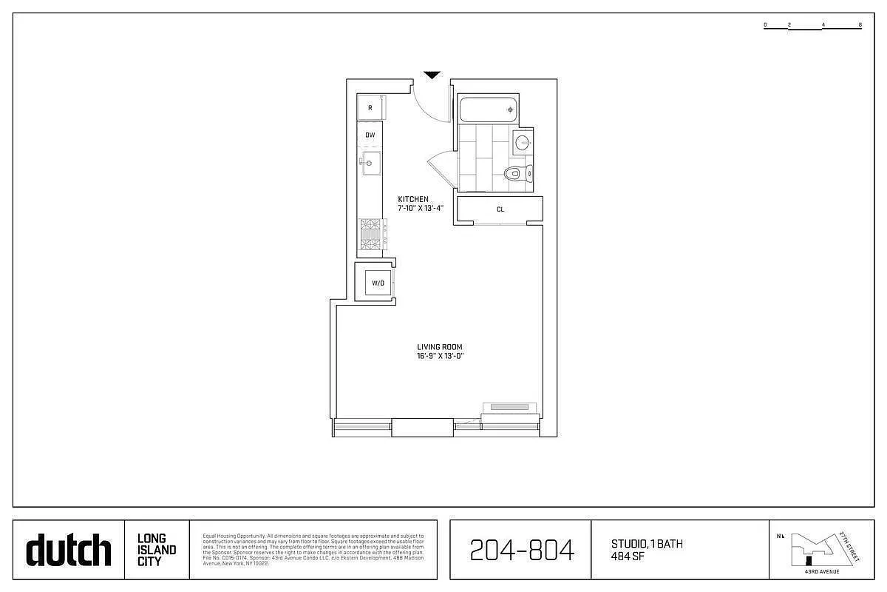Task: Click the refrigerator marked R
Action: tap(370, 108)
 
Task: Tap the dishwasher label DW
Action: tap(370, 135)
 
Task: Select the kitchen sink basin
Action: tap(371, 162)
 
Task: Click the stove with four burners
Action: tap(371, 235)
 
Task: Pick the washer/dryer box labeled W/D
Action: tap(378, 283)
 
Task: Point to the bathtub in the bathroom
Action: tap(488, 110)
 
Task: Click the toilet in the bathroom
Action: tap(514, 174)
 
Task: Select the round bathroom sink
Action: tap(523, 143)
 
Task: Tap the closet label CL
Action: tap(500, 209)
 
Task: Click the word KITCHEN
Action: tap(412, 199)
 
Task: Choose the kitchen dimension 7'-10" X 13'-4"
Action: tap(421, 208)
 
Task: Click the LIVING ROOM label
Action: tap(440, 347)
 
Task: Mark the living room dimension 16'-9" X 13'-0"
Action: tap(440, 356)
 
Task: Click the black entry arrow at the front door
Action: tap(432, 75)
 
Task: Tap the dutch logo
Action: tap(69, 550)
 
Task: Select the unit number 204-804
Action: tap(522, 550)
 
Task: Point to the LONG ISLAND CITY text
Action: tap(157, 550)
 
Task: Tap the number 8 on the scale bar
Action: tap(860, 25)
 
